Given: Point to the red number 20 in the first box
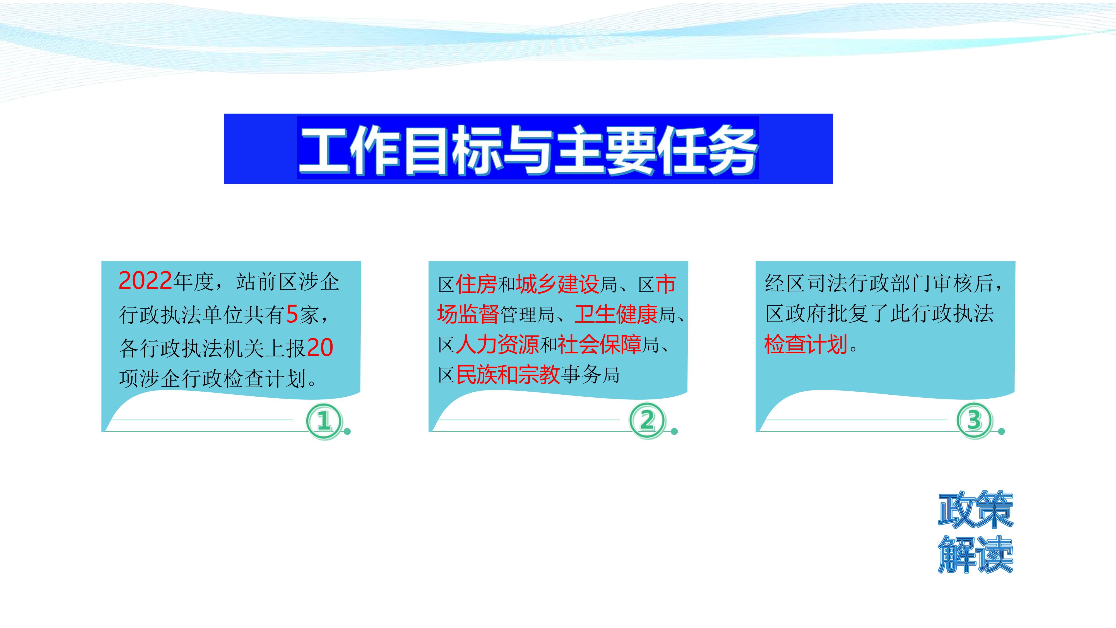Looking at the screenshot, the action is [x=320, y=347].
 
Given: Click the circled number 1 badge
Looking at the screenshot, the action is [x=324, y=420].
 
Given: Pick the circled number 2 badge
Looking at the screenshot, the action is [x=647, y=420].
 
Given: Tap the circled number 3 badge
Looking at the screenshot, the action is [x=974, y=420].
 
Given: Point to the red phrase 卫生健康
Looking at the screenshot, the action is [x=616, y=315].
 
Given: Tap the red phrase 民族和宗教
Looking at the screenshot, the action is [x=508, y=375].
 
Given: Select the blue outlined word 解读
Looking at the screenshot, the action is [x=976, y=555].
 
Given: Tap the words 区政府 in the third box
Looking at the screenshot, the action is [x=796, y=314].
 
